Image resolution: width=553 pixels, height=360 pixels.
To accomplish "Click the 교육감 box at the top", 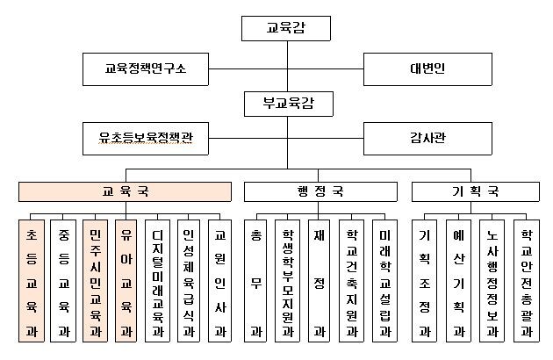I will click(x=286, y=28).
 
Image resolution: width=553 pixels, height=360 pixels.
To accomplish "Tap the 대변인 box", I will click(x=427, y=67).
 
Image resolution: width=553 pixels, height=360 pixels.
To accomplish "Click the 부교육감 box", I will click(x=286, y=104).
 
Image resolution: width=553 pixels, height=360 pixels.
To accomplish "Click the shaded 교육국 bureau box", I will click(x=126, y=191).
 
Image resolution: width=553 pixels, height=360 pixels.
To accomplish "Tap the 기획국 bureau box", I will click(x=473, y=191).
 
